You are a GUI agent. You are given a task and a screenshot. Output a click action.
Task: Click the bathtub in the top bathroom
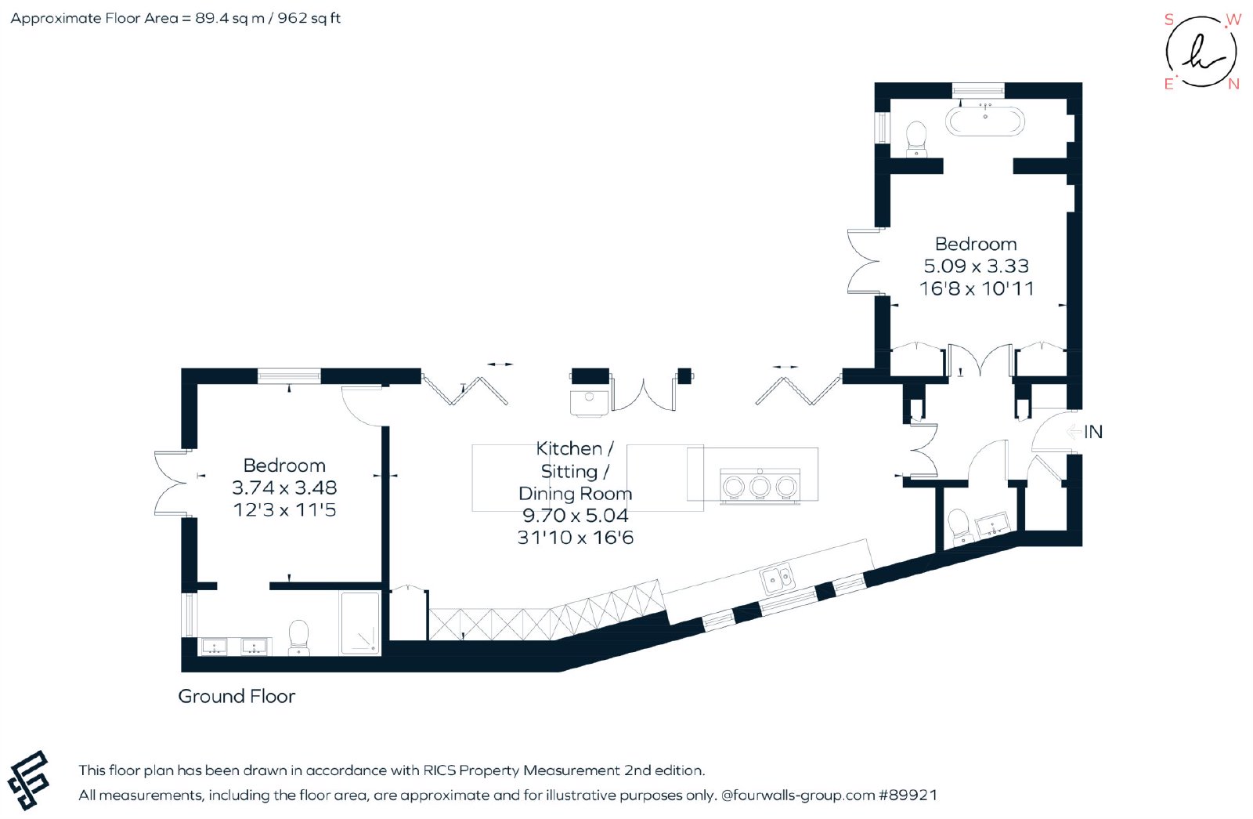[985, 121]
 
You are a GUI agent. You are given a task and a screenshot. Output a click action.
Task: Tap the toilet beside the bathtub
[916, 140]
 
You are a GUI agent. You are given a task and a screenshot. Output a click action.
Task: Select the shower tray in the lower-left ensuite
[360, 623]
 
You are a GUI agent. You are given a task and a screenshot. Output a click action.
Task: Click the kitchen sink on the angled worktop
[777, 579]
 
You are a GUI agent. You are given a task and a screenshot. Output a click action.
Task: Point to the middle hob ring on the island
[760, 487]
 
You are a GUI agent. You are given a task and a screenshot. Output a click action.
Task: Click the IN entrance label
[1093, 432]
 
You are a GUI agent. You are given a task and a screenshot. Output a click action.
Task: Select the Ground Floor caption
[237, 697]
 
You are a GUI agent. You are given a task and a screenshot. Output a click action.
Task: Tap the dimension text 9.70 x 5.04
[575, 515]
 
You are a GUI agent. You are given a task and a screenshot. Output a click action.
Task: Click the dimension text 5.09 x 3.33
[976, 266]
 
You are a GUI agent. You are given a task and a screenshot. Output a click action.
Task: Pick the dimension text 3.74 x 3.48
[284, 487]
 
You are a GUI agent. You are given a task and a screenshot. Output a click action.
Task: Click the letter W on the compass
[1233, 20]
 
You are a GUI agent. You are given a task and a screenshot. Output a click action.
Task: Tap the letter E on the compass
[1168, 84]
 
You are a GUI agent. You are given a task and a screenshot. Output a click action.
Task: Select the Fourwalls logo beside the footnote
[28, 781]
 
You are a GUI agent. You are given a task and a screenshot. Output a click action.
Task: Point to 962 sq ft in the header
[309, 19]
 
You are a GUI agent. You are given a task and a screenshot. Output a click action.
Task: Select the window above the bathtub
[978, 90]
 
